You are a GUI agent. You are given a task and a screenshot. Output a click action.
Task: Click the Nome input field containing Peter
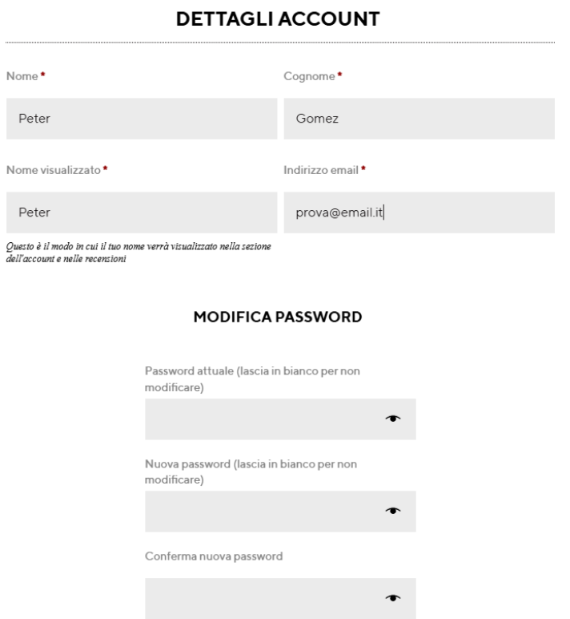(x=142, y=119)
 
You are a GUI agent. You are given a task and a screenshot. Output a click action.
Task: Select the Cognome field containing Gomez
(x=419, y=119)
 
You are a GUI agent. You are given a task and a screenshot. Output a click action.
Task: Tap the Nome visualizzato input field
(x=142, y=212)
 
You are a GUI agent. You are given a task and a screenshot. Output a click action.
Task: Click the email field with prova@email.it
(x=419, y=212)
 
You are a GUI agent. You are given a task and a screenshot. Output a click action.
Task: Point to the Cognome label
(x=309, y=76)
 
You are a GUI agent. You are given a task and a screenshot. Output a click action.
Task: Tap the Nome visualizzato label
(x=54, y=170)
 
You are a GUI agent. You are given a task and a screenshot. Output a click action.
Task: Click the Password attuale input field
(x=264, y=419)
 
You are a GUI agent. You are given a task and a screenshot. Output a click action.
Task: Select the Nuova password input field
(x=264, y=512)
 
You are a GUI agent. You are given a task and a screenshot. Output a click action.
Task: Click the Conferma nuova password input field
(x=264, y=597)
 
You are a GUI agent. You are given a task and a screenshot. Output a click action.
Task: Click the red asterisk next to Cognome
(x=339, y=75)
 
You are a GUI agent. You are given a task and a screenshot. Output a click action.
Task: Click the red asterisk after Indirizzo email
(x=363, y=169)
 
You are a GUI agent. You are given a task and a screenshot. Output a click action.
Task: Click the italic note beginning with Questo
(x=138, y=251)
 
